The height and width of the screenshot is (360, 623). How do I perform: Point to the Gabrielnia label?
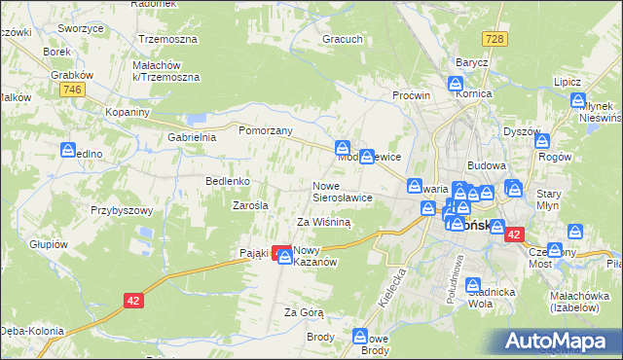click(191, 137)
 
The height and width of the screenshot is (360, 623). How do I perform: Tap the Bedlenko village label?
click(229, 181)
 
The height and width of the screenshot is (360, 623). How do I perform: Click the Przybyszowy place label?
click(123, 209)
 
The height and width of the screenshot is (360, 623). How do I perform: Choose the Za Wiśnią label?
click(323, 222)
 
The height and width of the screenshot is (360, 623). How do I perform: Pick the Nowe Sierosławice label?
click(342, 191)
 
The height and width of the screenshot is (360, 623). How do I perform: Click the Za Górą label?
click(303, 312)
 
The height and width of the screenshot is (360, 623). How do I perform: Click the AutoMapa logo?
click(559, 341)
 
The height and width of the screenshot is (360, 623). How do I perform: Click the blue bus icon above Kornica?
click(456, 84)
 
